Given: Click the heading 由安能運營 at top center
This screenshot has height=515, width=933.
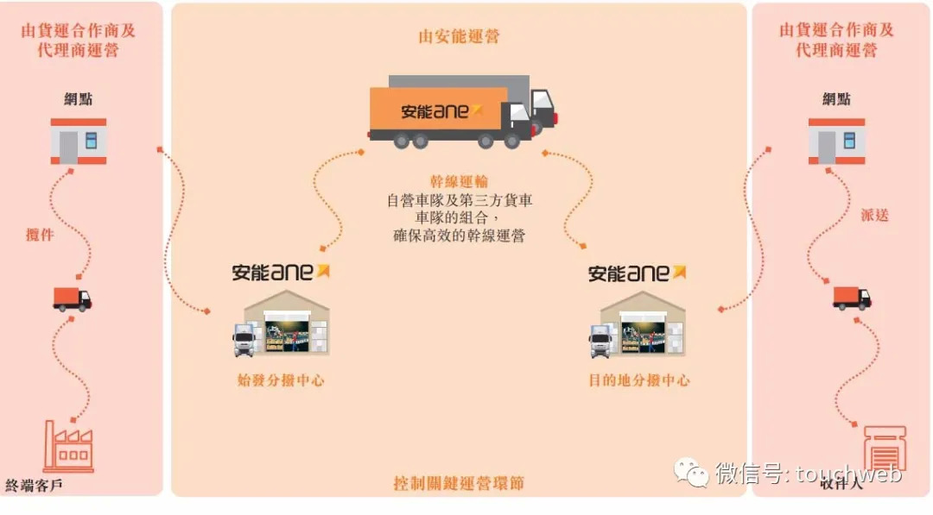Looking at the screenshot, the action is pos(459,36).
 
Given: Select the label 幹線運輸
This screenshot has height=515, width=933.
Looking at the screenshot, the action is pos(459,181).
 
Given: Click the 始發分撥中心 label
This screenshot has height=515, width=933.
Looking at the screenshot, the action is pos(280,380).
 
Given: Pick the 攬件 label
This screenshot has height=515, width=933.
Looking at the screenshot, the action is pos(40,234).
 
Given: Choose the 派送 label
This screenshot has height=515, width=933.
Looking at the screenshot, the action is pos(874,215).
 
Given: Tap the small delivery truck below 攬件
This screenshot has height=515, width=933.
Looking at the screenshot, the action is pos(72,298).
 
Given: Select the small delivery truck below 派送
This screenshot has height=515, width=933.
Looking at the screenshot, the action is pos(852,298).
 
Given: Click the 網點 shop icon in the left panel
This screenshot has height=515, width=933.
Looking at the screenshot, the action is pos(79,141).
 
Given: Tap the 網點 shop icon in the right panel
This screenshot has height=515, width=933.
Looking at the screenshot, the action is pos(836,141).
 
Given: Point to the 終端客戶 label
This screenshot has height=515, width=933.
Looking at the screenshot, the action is pos(34,485).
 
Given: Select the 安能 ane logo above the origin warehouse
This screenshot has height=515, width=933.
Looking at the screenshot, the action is pos(282,272).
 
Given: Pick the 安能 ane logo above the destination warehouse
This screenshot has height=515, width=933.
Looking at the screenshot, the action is pos(638,273).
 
